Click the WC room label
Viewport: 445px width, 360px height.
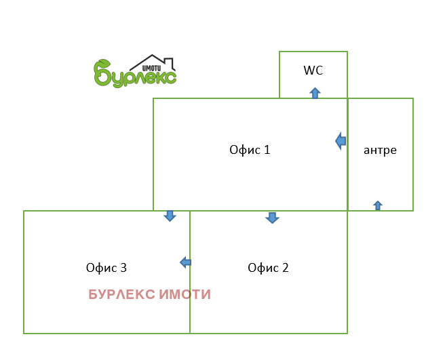point(313,70)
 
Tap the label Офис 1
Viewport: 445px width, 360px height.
point(250,150)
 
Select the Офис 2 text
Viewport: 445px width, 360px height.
point(268,267)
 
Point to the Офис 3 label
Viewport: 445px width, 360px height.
point(107,267)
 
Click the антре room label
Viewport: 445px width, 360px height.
point(380,150)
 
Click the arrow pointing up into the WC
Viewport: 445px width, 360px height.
point(315,93)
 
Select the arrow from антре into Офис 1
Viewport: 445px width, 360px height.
point(341,141)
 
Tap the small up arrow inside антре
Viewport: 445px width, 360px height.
point(378,205)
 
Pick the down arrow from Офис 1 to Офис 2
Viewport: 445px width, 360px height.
point(272,218)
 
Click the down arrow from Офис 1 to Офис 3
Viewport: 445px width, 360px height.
point(170,216)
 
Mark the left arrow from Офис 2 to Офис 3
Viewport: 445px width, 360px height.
point(185,262)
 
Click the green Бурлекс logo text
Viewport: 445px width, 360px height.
point(136,75)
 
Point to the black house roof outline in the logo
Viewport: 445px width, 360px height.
point(152,60)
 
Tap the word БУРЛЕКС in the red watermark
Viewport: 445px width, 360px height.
point(121,295)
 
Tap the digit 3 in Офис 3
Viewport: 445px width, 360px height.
point(123,267)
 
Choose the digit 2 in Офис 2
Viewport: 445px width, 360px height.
point(286,267)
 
